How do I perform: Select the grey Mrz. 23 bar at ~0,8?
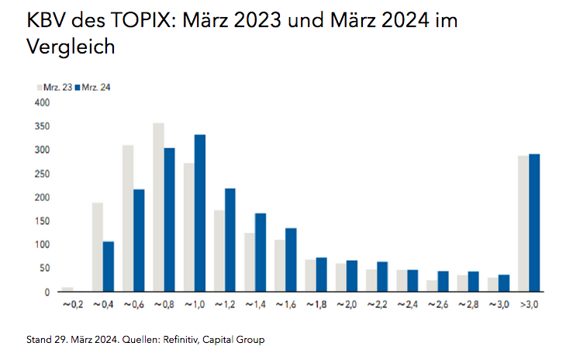point(158,207)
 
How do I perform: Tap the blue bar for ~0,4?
point(108,266)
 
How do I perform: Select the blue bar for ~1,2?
point(230,240)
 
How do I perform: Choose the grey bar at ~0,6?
point(128,218)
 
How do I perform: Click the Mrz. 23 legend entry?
point(56,88)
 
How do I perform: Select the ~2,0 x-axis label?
point(347,306)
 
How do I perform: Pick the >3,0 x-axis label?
point(530,306)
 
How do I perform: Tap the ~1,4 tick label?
point(255,306)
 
